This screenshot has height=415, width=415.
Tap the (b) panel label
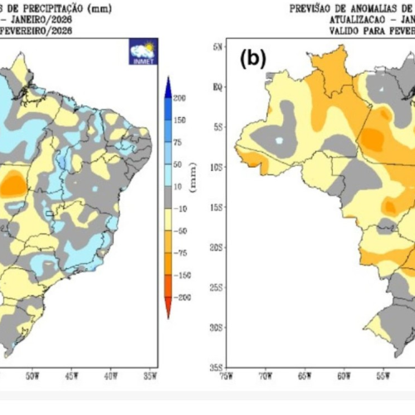click(x=252, y=60)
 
